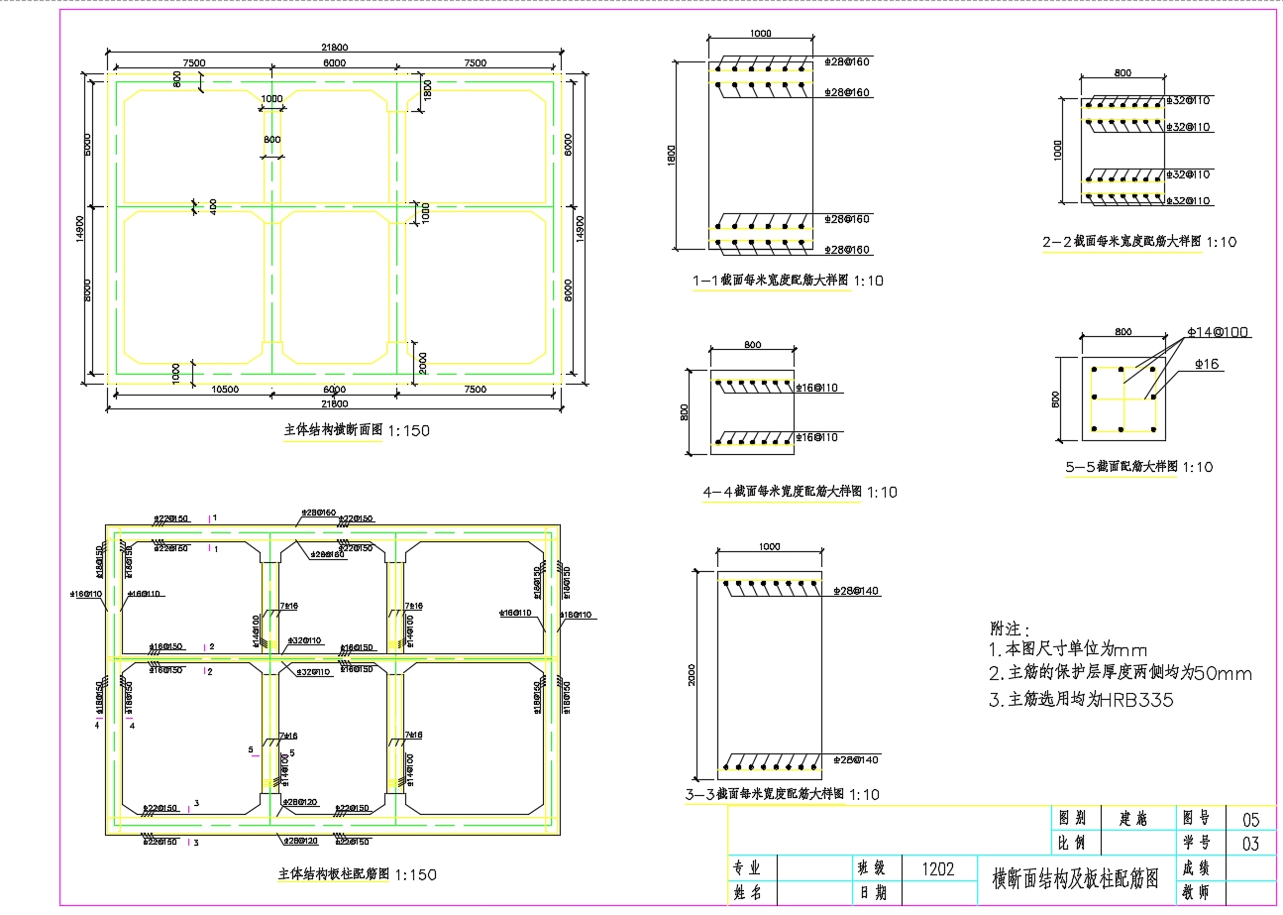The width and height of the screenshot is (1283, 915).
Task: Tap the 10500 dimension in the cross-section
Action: (227, 390)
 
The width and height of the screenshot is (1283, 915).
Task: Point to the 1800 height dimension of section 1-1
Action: (671, 154)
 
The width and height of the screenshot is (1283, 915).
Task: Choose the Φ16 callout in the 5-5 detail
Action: (1207, 365)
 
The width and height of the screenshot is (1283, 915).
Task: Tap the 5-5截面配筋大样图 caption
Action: (1138, 467)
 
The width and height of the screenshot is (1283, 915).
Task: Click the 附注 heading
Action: (1011, 629)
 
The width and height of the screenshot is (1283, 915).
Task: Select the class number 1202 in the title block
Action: (937, 869)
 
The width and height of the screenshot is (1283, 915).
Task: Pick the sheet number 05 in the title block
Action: (1249, 819)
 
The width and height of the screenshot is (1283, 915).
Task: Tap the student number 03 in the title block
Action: (1249, 844)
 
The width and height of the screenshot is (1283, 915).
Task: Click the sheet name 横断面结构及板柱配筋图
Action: (1075, 878)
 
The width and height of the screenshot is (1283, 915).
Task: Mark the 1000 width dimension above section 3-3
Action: (769, 546)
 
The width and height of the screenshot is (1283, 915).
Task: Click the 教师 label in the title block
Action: (1197, 892)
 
